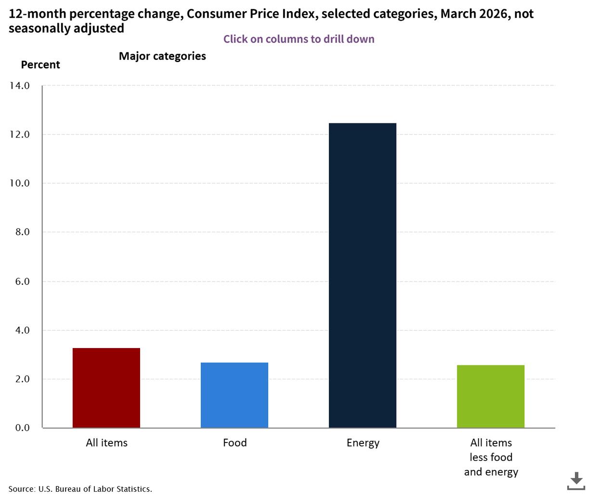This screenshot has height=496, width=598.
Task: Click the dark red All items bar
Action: pyautogui.click(x=106, y=388)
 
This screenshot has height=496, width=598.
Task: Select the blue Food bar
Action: pyautogui.click(x=234, y=395)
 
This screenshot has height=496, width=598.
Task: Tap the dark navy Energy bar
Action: pyautogui.click(x=362, y=275)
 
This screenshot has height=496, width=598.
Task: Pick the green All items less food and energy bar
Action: pyautogui.click(x=490, y=396)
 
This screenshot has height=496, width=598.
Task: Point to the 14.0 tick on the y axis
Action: pyautogui.click(x=19, y=86)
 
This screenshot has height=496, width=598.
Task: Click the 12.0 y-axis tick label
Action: pyautogui.click(x=19, y=134)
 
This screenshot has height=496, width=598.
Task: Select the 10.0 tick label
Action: pyautogui.click(x=19, y=183)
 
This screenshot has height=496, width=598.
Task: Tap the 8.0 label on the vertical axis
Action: pyautogui.click(x=22, y=232)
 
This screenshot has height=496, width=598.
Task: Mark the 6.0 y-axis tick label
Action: pyautogui.click(x=22, y=282)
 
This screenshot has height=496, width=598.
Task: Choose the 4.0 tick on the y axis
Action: pyautogui.click(x=22, y=330)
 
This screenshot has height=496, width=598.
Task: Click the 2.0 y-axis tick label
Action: pyautogui.click(x=22, y=379)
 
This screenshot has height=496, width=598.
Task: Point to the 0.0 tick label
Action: pyautogui.click(x=22, y=428)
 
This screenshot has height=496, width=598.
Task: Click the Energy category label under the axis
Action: pyautogui.click(x=363, y=443)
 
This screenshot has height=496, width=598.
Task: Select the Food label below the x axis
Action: pyautogui.click(x=234, y=442)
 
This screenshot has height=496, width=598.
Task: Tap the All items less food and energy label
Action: pyautogui.click(x=491, y=457)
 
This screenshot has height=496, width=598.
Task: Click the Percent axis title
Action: pyautogui.click(x=40, y=65)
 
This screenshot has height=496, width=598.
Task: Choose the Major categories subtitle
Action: pyautogui.click(x=162, y=56)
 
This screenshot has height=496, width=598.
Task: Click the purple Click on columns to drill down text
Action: pyautogui.click(x=299, y=39)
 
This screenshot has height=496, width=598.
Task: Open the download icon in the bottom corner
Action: pyautogui.click(x=576, y=481)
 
